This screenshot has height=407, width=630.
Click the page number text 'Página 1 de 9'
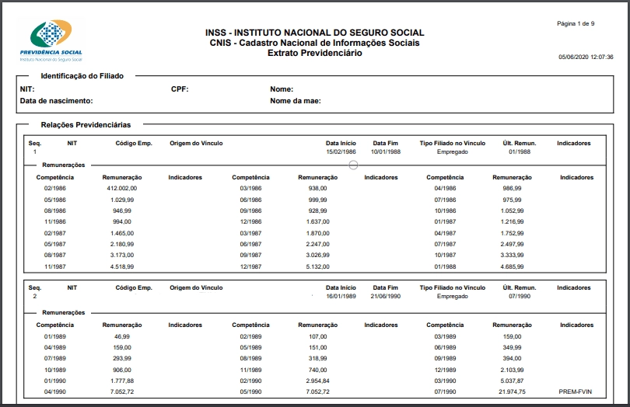576,24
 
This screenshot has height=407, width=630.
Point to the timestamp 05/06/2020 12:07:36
586,57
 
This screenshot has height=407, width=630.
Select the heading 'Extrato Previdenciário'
315,54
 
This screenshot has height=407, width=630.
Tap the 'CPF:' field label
180,89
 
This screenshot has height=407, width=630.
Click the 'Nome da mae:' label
296,101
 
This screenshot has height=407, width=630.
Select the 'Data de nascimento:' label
57,101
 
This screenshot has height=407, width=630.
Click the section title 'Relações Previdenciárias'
86,124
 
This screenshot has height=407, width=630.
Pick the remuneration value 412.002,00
122,189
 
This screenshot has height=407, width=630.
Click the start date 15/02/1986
341,151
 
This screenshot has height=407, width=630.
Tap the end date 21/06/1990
385,296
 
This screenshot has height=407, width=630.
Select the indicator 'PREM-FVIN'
576,393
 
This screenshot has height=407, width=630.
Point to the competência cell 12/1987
250,266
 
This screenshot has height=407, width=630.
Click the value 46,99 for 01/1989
123,336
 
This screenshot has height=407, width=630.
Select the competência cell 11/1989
250,370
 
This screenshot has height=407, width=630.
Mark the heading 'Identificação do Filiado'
82,76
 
